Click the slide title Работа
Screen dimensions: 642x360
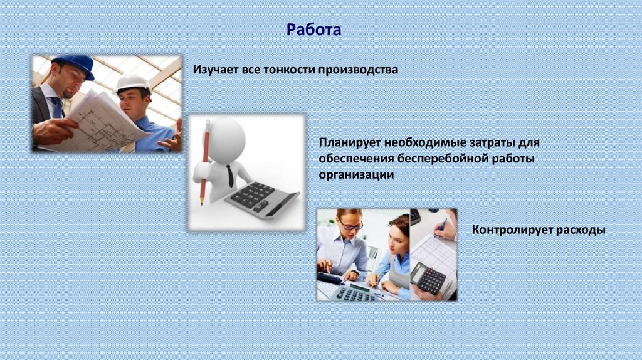(x=313, y=30)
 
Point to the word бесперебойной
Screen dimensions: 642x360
(x=441, y=158)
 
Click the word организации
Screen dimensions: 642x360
(x=356, y=175)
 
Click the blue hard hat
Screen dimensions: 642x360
(x=75, y=65)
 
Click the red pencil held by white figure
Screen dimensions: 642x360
(x=205, y=162)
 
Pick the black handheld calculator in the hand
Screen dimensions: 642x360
(x=428, y=278)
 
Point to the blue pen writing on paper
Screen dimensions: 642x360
(x=440, y=227)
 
